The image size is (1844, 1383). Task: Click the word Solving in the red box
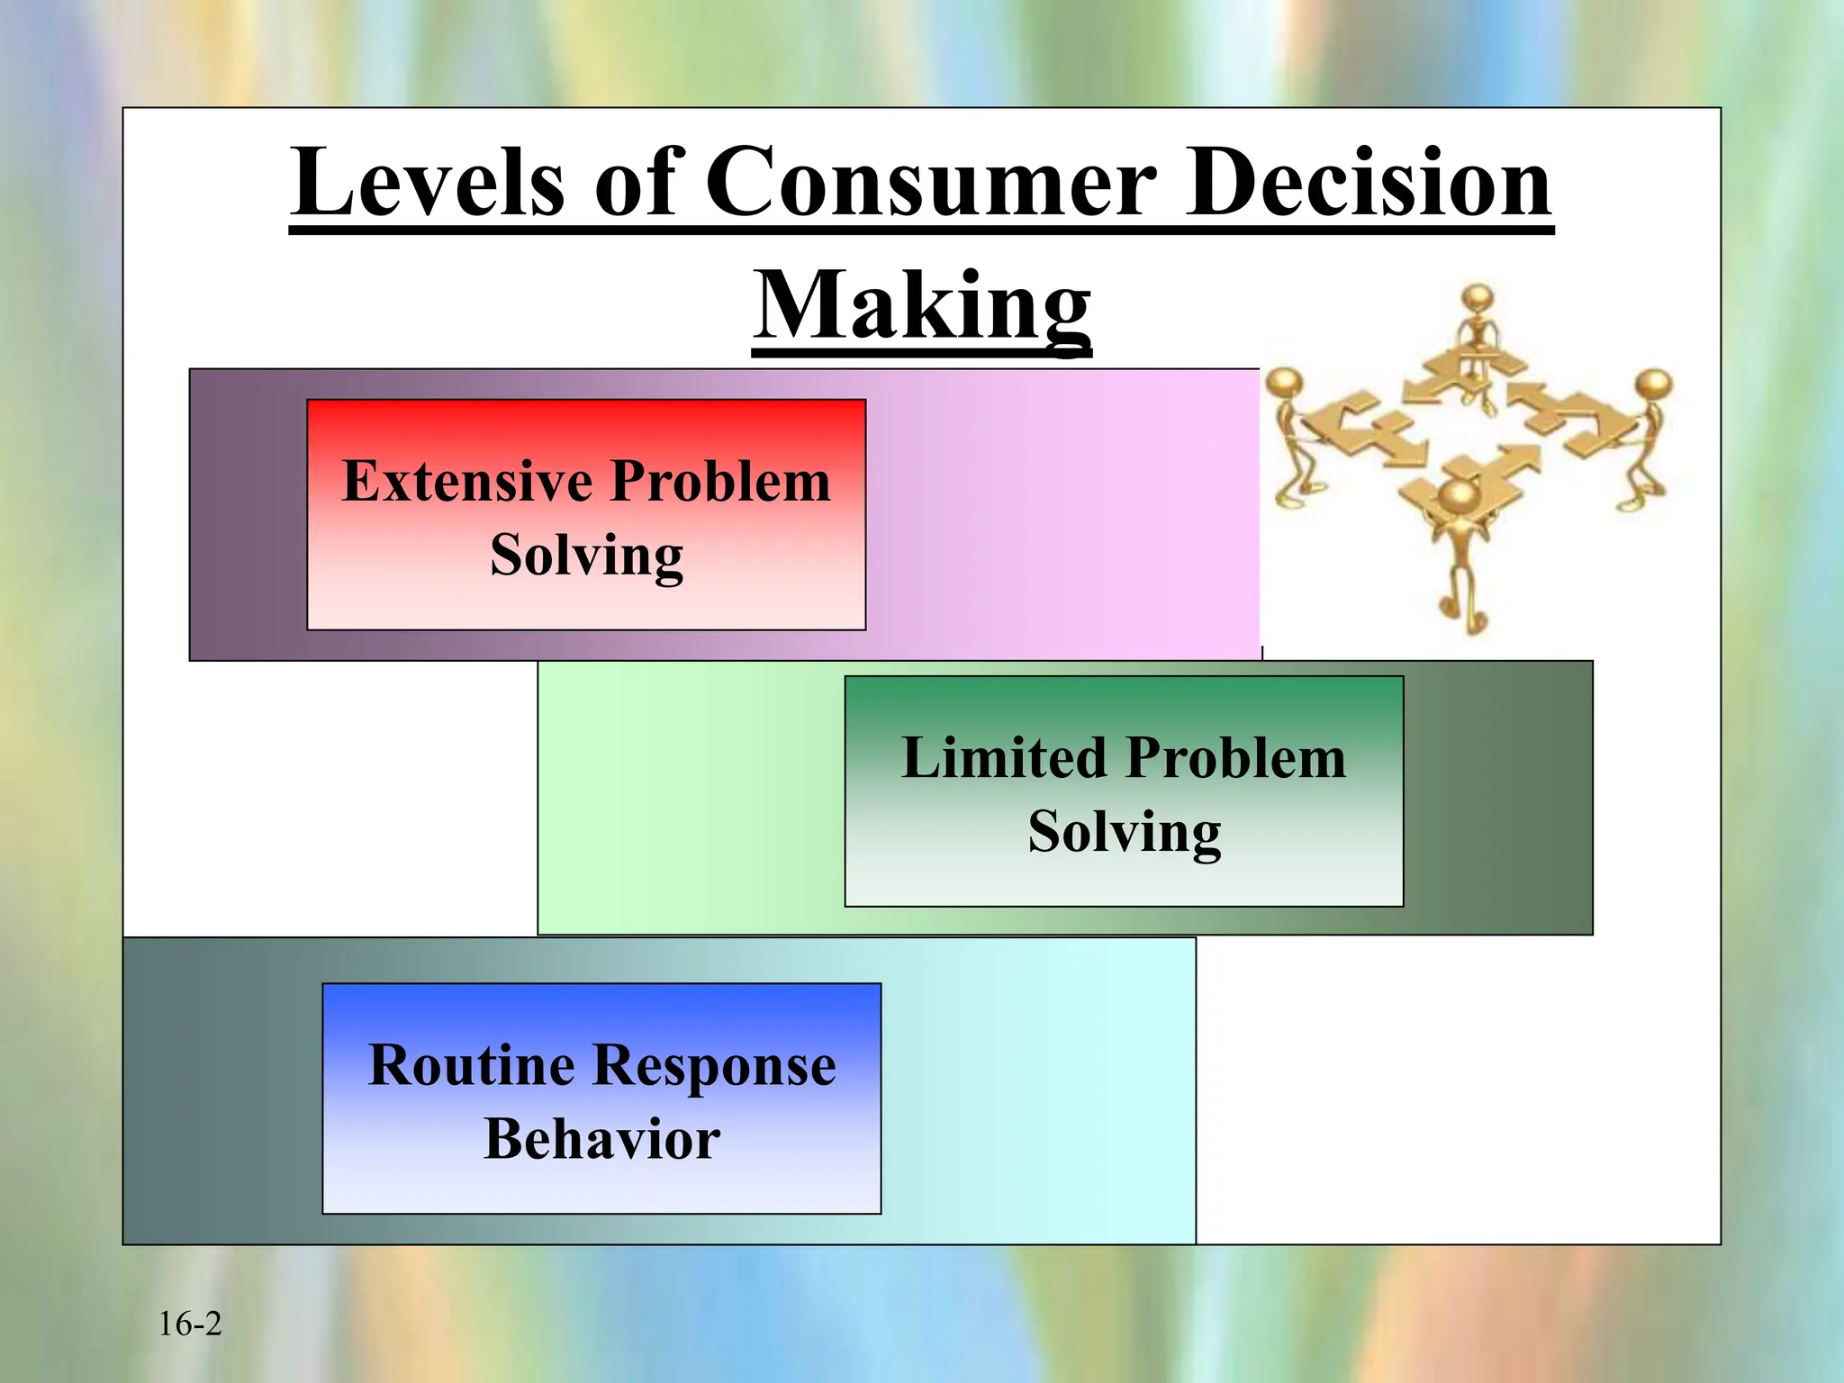click(586, 555)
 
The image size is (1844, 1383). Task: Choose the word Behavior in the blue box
click(601, 1139)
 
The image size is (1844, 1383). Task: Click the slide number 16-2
click(189, 1324)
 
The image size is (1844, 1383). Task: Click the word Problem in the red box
click(720, 481)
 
